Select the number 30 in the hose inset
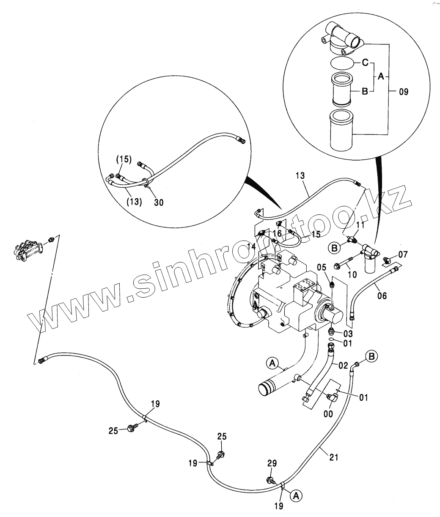(x=159, y=202)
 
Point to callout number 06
(x=382, y=296)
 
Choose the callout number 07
(x=403, y=255)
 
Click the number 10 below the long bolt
(x=352, y=275)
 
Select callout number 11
(x=360, y=225)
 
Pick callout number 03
(x=348, y=334)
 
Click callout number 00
(x=328, y=414)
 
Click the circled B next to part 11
(x=334, y=248)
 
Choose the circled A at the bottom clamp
(x=296, y=495)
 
